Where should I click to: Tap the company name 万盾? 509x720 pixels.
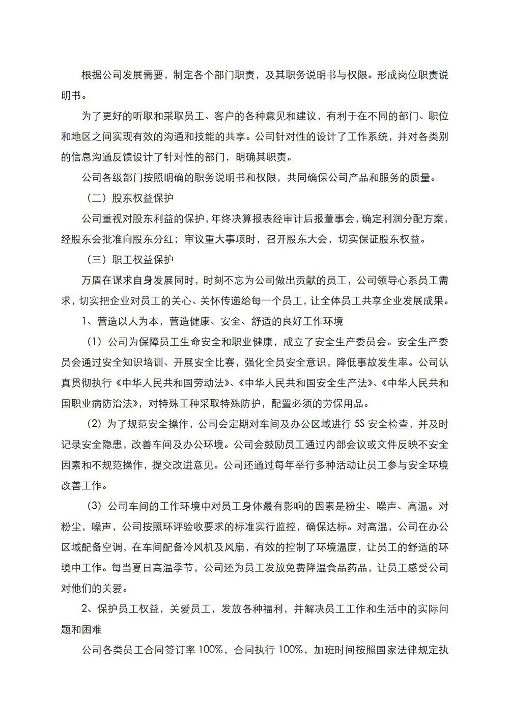(92, 280)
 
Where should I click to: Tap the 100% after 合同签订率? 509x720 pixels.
(210, 650)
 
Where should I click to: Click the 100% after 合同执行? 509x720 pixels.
(291, 650)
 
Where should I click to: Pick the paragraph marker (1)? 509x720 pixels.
(95, 342)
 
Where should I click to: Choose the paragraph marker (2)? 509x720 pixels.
(95, 424)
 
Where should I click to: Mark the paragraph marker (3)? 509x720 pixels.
(95, 506)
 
